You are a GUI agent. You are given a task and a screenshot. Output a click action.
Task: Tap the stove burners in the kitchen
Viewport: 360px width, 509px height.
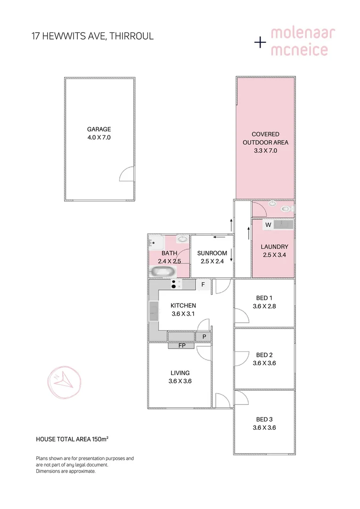click(x=176, y=284)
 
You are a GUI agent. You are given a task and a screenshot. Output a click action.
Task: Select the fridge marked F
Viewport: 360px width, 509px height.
click(x=203, y=284)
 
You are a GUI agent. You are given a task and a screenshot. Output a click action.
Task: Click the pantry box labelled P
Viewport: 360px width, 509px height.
click(x=204, y=337)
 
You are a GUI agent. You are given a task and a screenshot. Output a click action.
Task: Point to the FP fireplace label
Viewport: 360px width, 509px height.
click(x=182, y=345)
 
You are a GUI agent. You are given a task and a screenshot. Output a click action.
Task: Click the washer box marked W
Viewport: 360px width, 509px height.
click(x=268, y=225)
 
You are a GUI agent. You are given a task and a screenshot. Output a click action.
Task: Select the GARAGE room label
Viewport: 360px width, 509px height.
click(x=99, y=129)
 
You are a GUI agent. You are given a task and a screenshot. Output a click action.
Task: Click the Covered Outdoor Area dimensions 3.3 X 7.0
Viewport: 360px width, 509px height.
click(x=265, y=151)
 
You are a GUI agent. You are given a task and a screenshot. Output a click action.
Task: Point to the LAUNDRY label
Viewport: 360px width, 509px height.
click(x=274, y=246)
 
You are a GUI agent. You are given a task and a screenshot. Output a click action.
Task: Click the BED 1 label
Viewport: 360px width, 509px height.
click(x=264, y=298)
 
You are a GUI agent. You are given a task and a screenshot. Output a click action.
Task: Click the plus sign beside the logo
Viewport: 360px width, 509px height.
click(x=260, y=42)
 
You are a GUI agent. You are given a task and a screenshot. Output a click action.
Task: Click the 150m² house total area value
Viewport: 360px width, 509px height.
click(x=99, y=439)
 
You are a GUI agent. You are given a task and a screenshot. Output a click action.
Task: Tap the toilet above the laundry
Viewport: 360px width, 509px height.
click(x=286, y=208)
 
